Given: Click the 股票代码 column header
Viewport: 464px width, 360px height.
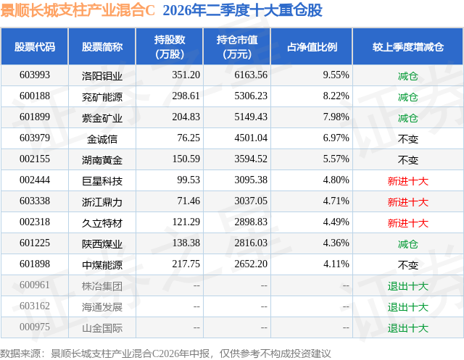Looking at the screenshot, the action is coord(35,46).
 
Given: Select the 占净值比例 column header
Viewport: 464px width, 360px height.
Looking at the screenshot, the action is coord(312,46).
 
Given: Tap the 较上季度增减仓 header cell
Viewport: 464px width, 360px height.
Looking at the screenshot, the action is coord(408,46).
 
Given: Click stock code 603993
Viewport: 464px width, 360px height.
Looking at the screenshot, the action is coord(35,75).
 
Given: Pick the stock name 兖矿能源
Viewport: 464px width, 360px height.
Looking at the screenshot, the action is coord(102,96).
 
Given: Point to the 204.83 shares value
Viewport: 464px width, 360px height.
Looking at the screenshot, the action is coord(186,117).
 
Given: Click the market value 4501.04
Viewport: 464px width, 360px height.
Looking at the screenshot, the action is coord(251,138).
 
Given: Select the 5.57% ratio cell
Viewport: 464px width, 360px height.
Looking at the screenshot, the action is coord(336,159).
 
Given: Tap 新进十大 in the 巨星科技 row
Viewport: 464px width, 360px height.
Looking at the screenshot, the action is coord(408,181).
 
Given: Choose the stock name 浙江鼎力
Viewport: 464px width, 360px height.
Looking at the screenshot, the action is coord(102,202).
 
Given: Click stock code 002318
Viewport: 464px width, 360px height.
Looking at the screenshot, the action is coord(35,222).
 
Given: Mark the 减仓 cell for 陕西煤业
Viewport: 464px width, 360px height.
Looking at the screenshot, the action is coord(408,244).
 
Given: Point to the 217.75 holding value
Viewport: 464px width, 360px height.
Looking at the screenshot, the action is coord(186,264).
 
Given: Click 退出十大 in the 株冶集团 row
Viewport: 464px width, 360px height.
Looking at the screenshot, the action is coord(408,286).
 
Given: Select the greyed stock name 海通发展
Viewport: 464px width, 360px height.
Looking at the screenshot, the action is coord(102,307).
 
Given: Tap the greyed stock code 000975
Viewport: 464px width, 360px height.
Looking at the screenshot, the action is coord(35,327).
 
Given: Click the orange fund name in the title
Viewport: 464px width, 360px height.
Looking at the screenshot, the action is coord(78,10).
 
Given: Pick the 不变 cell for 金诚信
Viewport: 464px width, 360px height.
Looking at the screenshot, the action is coord(408,139).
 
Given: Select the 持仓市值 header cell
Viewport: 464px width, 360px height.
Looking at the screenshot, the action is coord(237,46).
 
